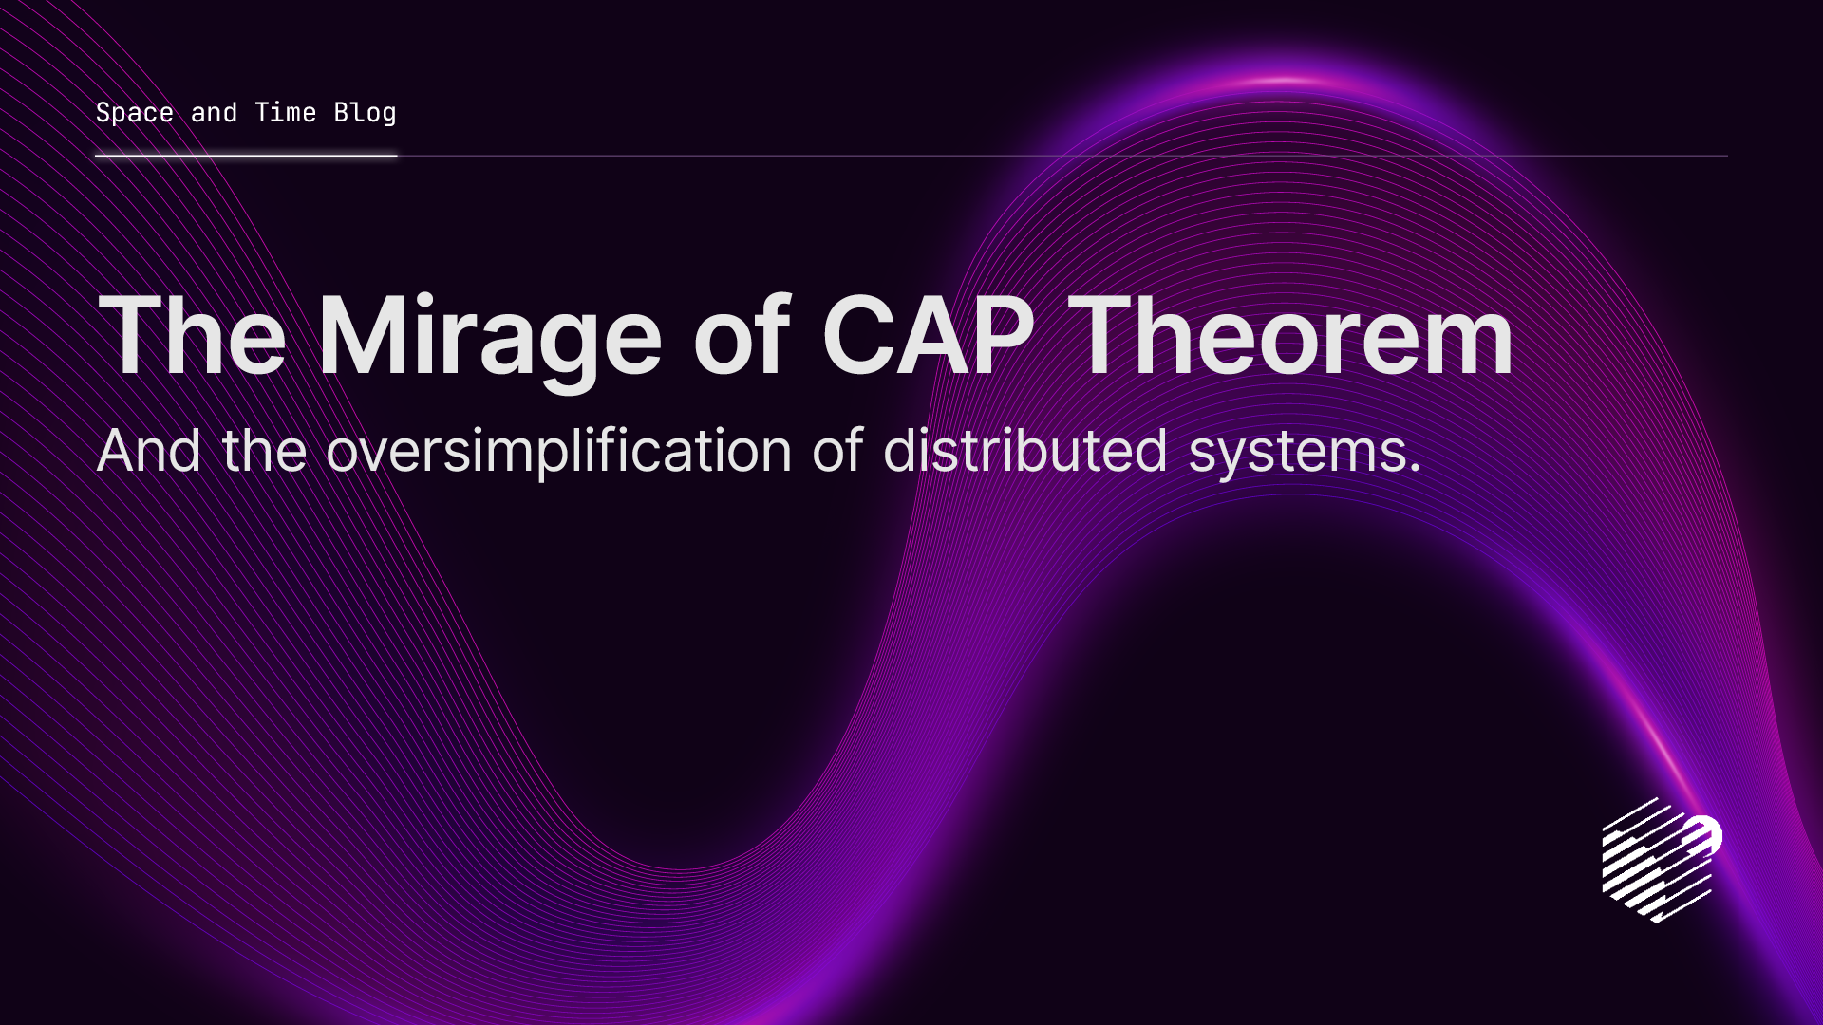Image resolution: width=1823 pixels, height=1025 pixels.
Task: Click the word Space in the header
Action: click(x=134, y=113)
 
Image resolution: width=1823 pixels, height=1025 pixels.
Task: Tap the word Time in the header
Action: click(x=285, y=113)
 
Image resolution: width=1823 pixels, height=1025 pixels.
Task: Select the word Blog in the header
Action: click(x=365, y=113)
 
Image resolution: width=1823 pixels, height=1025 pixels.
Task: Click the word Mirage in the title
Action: click(x=489, y=337)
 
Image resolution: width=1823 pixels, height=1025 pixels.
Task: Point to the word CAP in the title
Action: click(x=928, y=337)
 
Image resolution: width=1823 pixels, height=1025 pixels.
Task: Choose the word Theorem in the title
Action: click(x=1290, y=337)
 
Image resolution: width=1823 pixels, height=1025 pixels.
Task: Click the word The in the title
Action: click(x=192, y=337)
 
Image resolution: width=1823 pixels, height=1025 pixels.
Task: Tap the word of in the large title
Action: click(x=741, y=337)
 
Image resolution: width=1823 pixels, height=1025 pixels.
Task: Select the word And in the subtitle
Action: click(x=148, y=451)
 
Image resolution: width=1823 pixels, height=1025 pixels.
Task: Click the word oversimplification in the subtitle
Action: click(x=558, y=451)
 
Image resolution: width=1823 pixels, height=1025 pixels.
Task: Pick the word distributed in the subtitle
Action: click(x=1024, y=451)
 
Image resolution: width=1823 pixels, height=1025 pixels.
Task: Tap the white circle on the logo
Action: click(x=1703, y=835)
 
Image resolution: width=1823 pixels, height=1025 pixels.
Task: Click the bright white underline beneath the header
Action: click(x=246, y=155)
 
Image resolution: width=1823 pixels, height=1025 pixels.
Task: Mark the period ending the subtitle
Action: click(x=1416, y=469)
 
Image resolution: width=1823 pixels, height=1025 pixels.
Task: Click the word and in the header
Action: click(x=214, y=113)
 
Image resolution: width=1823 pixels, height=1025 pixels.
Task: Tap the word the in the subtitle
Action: click(x=263, y=451)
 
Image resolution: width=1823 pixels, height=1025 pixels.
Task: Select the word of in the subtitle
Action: click(x=836, y=451)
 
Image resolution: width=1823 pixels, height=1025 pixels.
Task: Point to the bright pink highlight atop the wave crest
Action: click(x=1284, y=81)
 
